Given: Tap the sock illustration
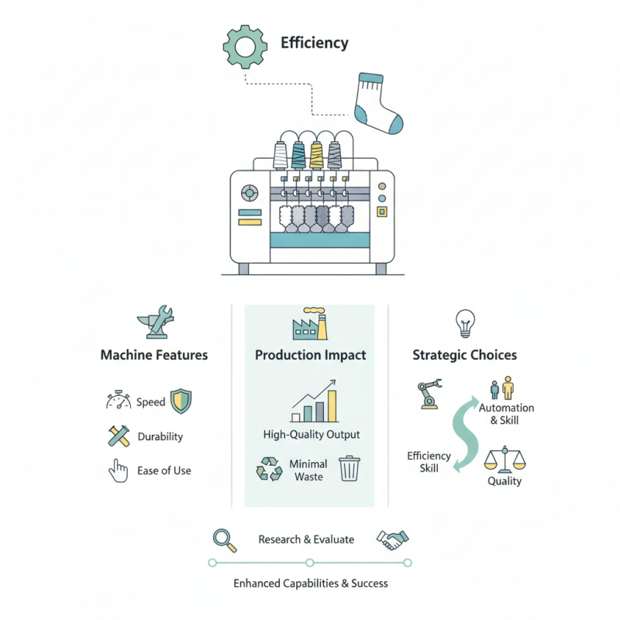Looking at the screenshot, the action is click(x=374, y=104).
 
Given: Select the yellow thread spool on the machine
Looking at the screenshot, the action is click(x=317, y=156).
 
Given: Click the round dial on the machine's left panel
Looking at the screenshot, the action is click(x=250, y=193).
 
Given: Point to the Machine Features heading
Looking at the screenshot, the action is click(x=153, y=355).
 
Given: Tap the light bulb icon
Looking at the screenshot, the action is click(x=465, y=323).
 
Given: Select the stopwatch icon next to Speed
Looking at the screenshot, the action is click(x=119, y=400).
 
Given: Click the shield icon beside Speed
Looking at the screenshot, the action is click(x=181, y=401).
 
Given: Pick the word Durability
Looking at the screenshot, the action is click(x=160, y=436).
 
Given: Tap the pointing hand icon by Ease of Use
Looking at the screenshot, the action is click(x=119, y=471).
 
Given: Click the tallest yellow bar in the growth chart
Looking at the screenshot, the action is click(x=332, y=406).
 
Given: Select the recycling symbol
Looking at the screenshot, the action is click(x=269, y=469).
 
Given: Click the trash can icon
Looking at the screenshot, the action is click(x=350, y=469).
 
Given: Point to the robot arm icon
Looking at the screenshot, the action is click(x=429, y=394).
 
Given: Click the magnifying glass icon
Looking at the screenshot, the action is click(x=225, y=540).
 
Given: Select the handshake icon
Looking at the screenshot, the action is click(x=393, y=539).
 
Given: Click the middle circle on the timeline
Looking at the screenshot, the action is click(x=310, y=563).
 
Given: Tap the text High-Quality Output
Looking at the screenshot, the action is click(x=312, y=435).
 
